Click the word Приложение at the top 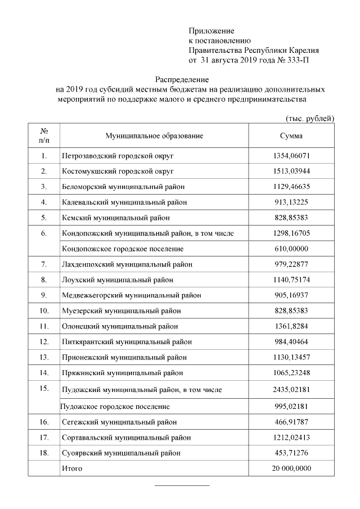pos(211,30)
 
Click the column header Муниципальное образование pos(154,136)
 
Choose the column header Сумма pos(291,136)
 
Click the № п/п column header pos(44,136)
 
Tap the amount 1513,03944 pos(291,171)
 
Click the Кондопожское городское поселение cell pos(123,248)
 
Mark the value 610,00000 pos(291,248)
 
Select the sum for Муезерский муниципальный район pos(291,310)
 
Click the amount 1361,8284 pos(291,326)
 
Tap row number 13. pos(44,357)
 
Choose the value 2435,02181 pos(291,389)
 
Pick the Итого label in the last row pos(71,469)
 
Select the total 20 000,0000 pos(291,469)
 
